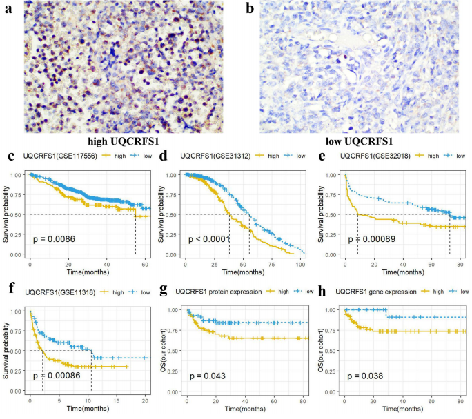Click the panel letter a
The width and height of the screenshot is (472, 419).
click(x=8, y=10)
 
